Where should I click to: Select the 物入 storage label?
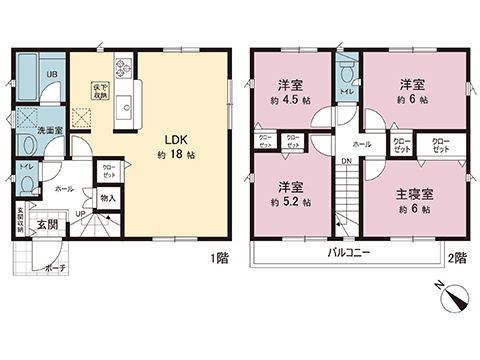107,198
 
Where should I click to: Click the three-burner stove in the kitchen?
124,69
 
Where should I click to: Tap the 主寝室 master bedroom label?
413,192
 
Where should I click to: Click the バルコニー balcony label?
349,253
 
